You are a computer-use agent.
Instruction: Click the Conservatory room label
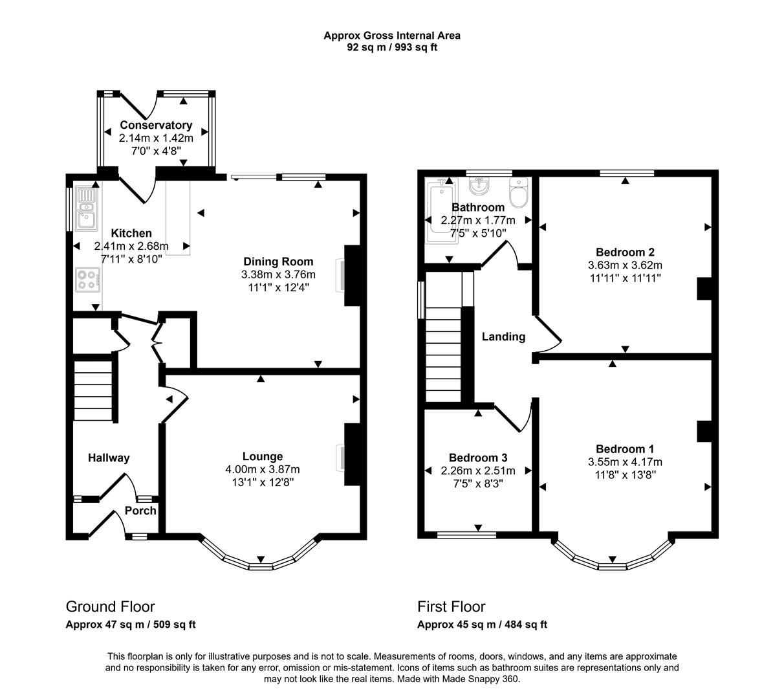click(x=156, y=125)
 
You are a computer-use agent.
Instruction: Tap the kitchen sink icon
click(x=85, y=208)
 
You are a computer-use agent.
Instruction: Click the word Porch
click(x=140, y=511)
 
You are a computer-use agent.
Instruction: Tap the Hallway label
click(x=109, y=458)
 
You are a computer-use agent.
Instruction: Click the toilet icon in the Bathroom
click(x=519, y=193)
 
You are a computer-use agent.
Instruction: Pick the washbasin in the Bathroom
click(x=479, y=188)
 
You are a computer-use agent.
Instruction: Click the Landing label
click(x=503, y=337)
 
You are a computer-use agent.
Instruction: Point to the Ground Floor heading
click(x=110, y=606)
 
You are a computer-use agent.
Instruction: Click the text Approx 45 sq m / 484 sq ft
click(x=482, y=625)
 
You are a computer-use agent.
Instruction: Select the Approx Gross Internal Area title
click(x=392, y=36)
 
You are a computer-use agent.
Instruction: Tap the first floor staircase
click(x=443, y=356)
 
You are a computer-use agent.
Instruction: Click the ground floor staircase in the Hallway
click(x=94, y=392)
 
